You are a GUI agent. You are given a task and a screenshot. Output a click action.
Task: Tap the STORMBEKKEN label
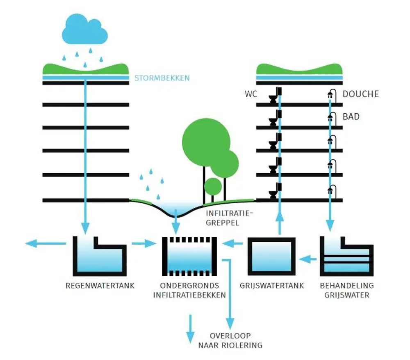(162, 78)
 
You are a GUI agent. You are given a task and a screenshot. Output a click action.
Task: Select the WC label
(251, 94)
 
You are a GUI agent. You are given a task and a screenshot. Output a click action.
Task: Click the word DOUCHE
(360, 94)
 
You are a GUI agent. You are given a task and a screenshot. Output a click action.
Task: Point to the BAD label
(351, 117)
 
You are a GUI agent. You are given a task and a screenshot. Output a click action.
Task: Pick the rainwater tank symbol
(100, 256)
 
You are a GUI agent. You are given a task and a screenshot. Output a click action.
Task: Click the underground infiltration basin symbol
(189, 257)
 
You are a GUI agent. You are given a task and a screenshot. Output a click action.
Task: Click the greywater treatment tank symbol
(346, 257)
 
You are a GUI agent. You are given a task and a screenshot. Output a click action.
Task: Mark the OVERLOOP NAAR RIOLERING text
(230, 340)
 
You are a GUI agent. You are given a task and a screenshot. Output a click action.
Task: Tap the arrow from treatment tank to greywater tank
(308, 259)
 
